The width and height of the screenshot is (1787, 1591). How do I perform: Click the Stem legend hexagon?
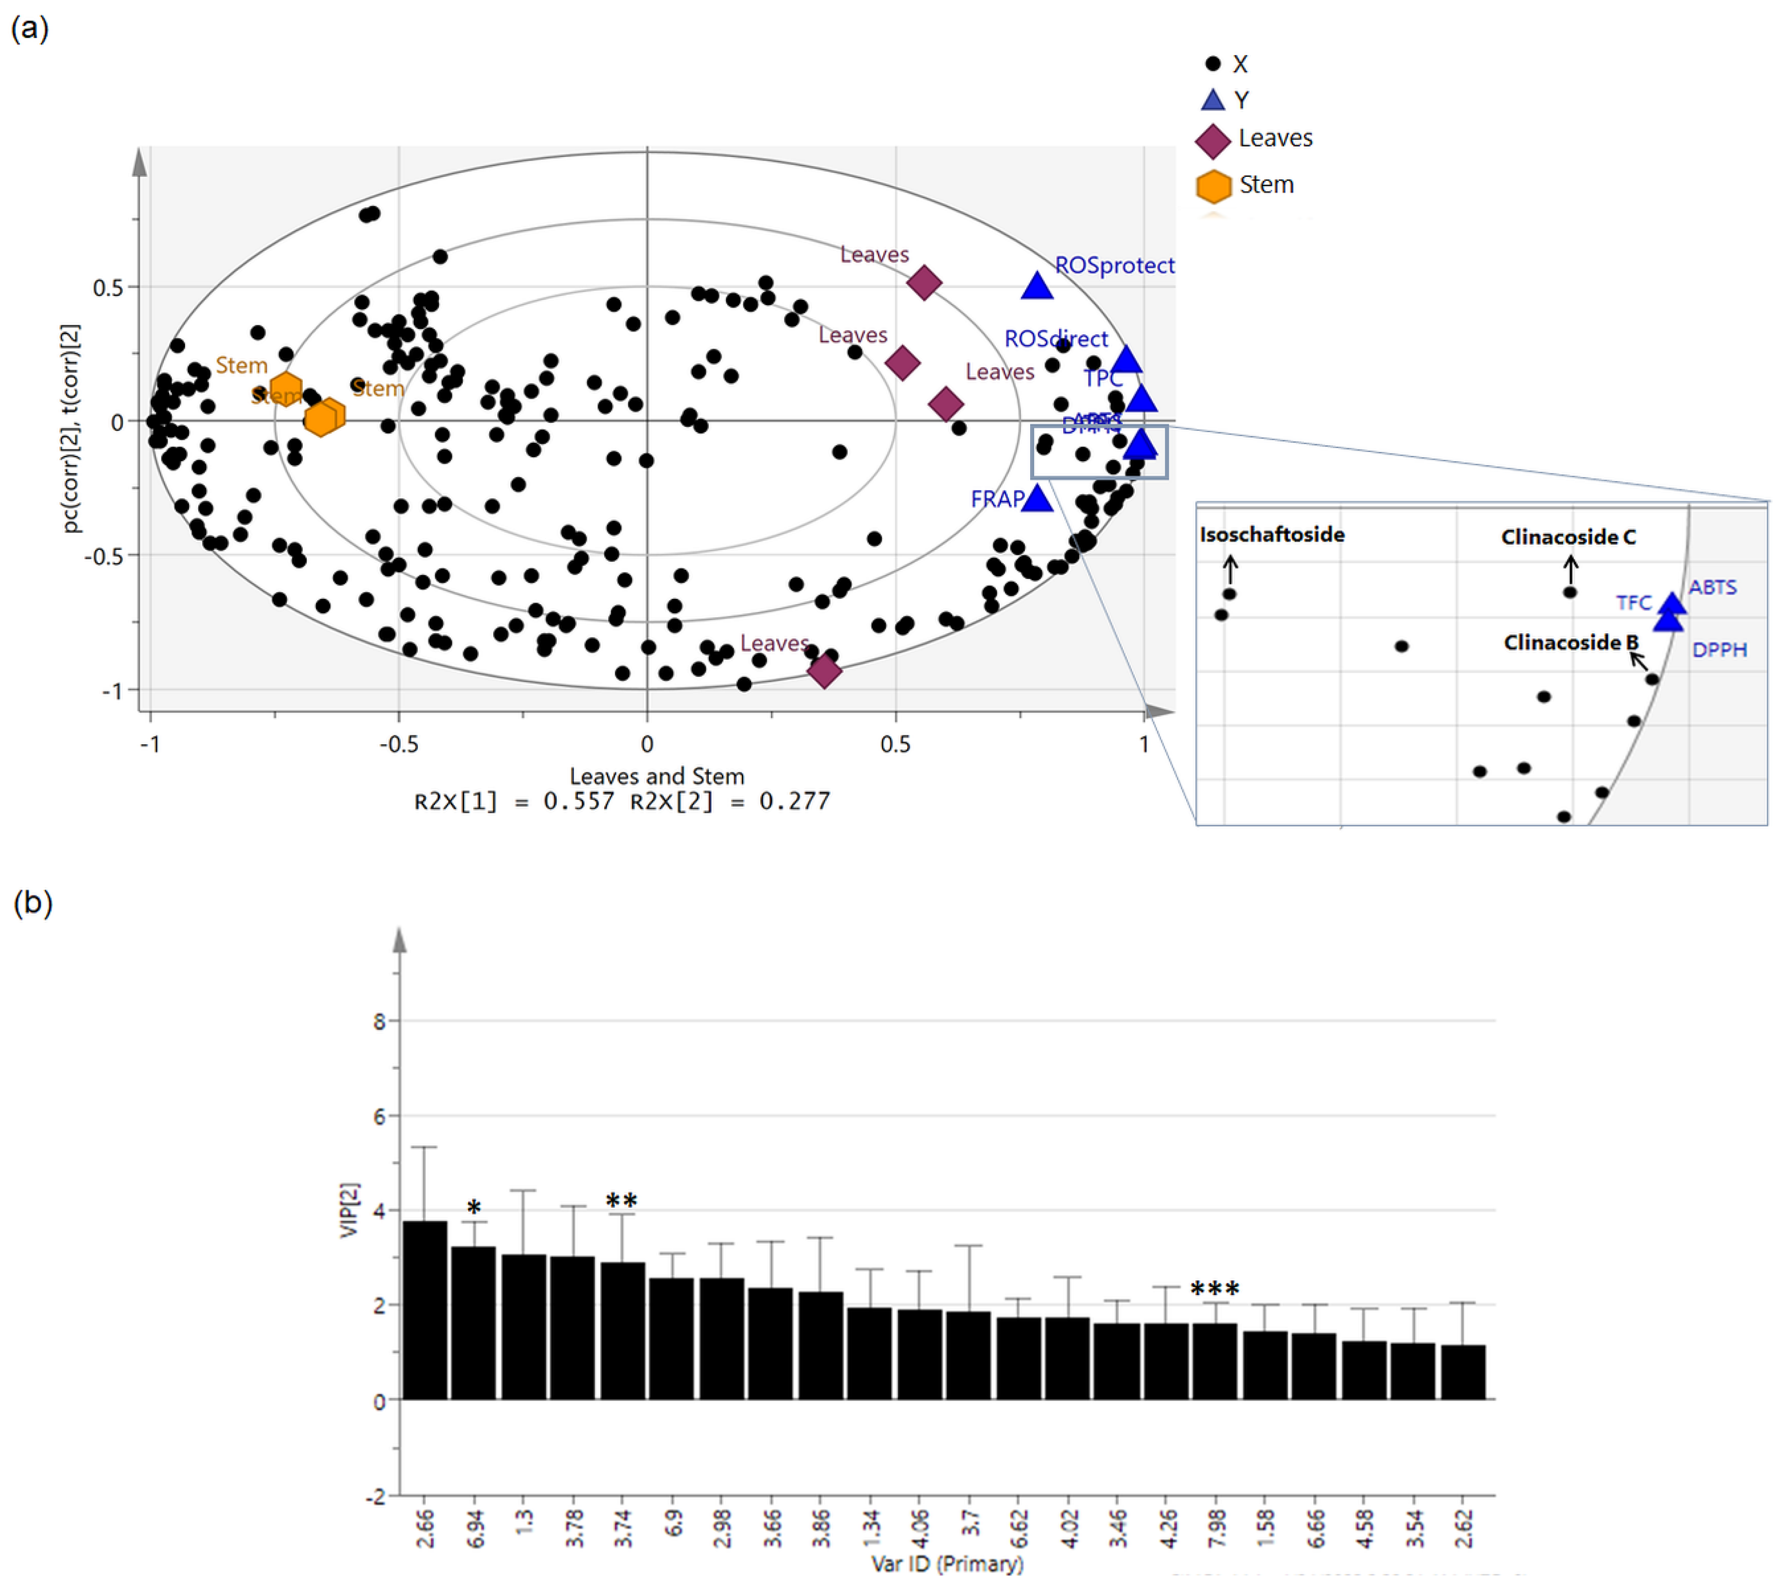pos(1213,186)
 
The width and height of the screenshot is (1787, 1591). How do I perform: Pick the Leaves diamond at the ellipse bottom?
pos(824,671)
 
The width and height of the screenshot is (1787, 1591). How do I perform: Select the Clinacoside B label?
pos(1570,642)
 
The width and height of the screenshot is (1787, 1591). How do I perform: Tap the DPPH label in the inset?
pos(1719,650)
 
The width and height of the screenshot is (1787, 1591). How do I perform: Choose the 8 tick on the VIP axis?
pos(379,1022)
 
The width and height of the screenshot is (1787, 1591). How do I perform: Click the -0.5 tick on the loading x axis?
pos(399,745)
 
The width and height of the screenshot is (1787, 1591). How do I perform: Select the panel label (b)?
pos(32,903)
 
